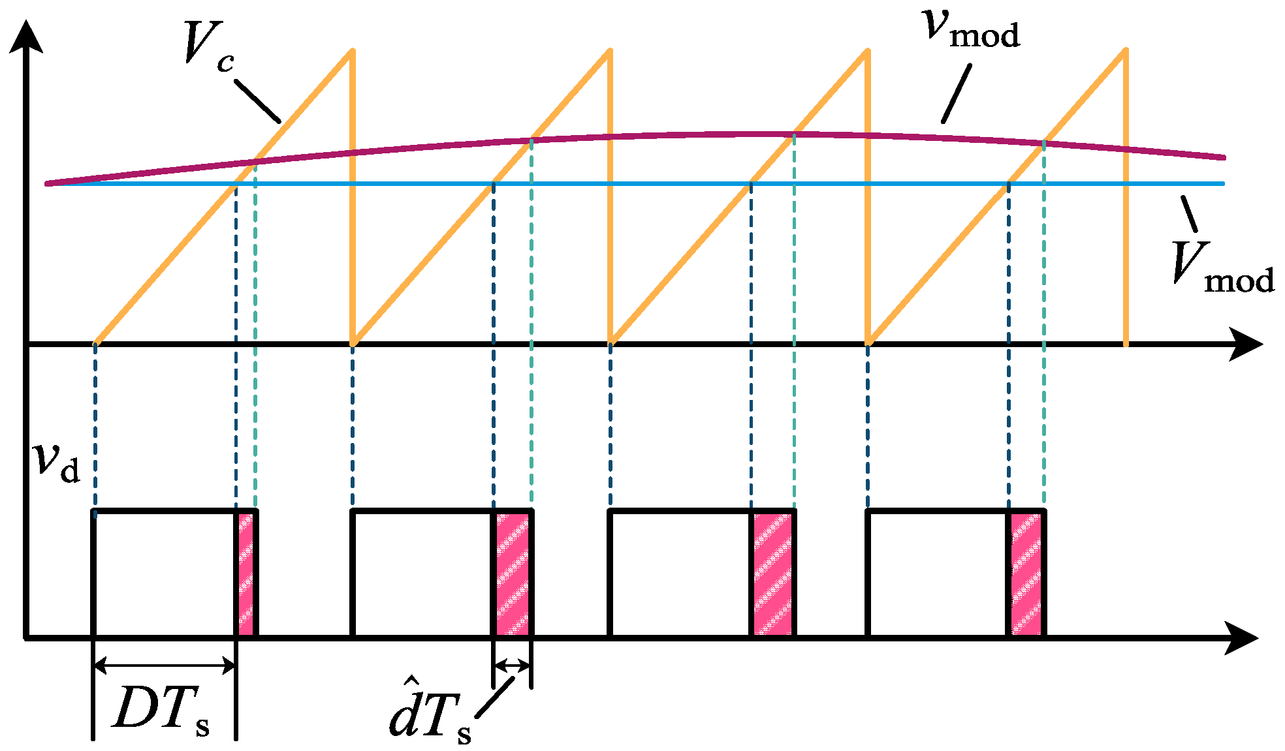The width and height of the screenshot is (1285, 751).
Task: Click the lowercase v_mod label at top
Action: pos(972,29)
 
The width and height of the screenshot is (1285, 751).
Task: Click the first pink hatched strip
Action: pos(246,574)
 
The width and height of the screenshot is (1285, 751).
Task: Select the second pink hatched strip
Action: pos(513,574)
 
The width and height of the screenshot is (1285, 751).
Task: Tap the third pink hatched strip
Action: pos(772,574)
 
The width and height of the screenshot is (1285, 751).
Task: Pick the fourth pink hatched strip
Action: pos(1026,574)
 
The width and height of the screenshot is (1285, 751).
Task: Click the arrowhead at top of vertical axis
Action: pos(26,36)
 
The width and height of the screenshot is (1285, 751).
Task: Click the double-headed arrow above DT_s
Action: pos(165,666)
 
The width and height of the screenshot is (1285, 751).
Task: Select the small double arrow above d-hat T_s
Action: pos(513,666)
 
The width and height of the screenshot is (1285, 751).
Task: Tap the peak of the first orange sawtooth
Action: pos(352,51)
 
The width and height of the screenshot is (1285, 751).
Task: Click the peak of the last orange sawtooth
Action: pos(1125,51)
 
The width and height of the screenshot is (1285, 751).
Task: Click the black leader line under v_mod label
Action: pos(957,93)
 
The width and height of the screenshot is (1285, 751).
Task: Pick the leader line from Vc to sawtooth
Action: pos(257,101)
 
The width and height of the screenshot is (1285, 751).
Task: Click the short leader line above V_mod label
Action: pos(1190,215)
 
